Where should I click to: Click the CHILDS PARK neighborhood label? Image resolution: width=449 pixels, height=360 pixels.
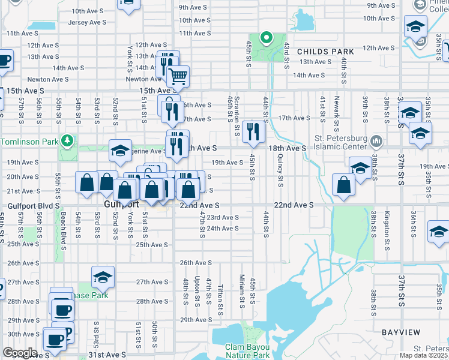324,52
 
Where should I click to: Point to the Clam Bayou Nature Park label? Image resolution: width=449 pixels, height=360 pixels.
248,351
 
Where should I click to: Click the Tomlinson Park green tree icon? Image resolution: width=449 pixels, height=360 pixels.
70,141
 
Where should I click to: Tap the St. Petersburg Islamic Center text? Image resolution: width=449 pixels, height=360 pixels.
340,142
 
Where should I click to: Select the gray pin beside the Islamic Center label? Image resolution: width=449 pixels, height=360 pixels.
376,141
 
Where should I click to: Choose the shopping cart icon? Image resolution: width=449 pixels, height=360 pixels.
178,76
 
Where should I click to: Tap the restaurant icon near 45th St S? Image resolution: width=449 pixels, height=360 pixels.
253,132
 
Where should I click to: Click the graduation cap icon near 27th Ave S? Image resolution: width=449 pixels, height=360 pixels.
103,277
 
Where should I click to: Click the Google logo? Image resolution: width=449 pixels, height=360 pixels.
20,352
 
